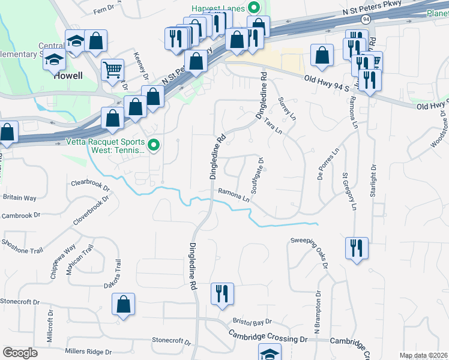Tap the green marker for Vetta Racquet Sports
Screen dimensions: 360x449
tap(154, 145)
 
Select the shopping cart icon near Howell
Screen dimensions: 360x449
tap(113, 69)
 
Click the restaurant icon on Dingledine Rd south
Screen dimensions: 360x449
tap(222, 293)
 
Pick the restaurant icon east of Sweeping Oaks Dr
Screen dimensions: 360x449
tap(357, 247)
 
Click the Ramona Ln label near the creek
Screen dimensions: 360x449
tap(234, 195)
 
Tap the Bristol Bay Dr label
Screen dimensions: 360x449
tap(252, 323)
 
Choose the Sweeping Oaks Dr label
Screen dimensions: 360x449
tap(310, 251)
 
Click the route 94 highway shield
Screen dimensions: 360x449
tap(366, 19)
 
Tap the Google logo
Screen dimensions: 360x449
tap(20, 353)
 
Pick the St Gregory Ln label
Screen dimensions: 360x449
tap(349, 192)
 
